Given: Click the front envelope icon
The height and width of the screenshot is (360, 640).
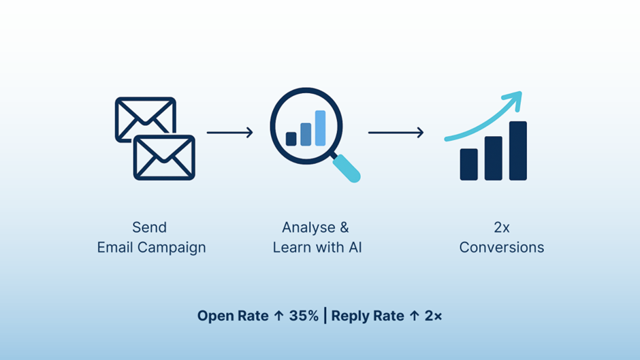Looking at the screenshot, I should pos(164,157).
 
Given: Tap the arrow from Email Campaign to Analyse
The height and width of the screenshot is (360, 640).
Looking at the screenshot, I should pos(229,132).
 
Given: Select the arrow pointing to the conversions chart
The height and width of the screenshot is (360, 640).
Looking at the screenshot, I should pos(396,132).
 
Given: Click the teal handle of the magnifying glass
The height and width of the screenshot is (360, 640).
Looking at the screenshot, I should pos(348,168).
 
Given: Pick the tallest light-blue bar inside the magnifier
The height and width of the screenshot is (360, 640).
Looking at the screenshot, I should pos(320,128).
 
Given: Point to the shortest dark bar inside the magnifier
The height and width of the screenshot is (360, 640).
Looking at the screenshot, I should pos(291,139).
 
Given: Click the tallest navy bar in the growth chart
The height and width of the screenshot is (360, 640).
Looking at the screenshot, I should pos(517,150).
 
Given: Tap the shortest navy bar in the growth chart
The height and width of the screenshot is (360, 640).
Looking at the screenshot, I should pos(468,164).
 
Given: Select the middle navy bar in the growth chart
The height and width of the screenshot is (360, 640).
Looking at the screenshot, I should pos(493,158).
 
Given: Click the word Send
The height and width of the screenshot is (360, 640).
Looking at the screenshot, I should pos(149,227).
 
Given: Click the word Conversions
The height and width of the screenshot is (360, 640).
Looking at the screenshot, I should pos(502,247).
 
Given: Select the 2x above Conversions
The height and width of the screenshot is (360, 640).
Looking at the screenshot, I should pos(502,227).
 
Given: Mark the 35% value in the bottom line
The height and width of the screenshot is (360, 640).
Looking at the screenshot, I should pos(303,316).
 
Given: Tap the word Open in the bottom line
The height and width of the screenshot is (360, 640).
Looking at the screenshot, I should pos(212,316).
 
